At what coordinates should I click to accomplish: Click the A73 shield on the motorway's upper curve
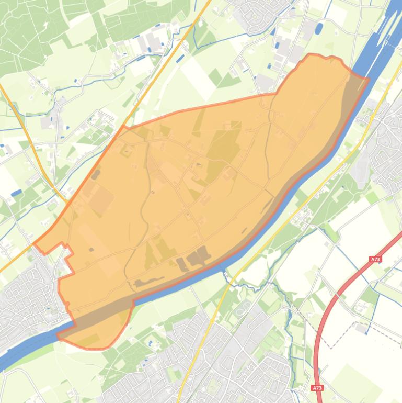(x=375, y=259)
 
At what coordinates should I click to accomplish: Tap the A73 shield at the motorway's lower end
(x=317, y=388)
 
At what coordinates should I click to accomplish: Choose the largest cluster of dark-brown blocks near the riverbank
(x=198, y=256)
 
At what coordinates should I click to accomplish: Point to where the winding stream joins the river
(x=226, y=272)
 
